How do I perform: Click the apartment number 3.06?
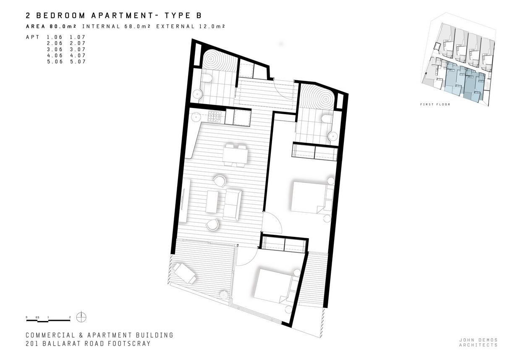click(55, 49)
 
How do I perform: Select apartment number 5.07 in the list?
click(78, 62)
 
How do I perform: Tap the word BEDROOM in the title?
click(61, 16)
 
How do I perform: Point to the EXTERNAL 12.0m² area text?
click(191, 26)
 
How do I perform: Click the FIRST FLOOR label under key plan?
click(435, 105)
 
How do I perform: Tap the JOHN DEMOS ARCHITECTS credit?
click(478, 342)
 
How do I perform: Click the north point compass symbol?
click(81, 317)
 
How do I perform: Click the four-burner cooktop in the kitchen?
click(214, 116)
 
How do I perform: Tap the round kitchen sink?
click(196, 116)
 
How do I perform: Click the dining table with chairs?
click(235, 155)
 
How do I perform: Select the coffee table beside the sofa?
click(212, 202)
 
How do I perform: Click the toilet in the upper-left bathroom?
click(206, 78)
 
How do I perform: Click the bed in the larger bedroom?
click(312, 197)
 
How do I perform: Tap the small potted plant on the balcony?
click(225, 295)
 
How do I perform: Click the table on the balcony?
click(185, 273)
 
